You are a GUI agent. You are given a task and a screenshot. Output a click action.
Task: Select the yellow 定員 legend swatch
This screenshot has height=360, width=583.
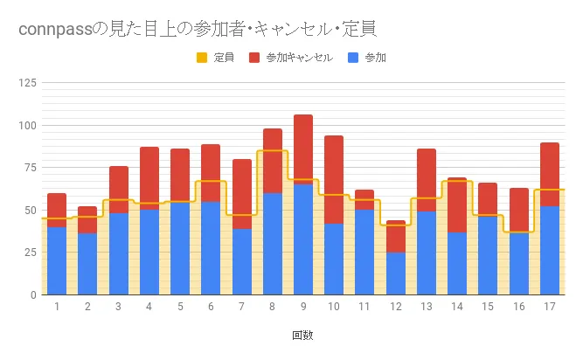[x=201, y=59]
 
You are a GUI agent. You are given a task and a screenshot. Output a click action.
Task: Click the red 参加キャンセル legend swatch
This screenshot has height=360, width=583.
[x=254, y=59]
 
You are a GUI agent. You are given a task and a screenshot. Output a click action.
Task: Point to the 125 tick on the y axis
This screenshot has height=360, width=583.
[x=27, y=83]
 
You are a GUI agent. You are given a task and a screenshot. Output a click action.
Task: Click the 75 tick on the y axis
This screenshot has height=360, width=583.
[x=30, y=168]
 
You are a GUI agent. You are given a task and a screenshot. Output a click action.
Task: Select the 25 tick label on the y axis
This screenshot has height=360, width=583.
[x=30, y=253]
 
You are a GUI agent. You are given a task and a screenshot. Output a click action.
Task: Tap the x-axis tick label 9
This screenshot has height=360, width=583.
[x=302, y=307]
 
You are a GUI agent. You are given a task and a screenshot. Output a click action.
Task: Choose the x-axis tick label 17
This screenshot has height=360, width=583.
[x=549, y=307]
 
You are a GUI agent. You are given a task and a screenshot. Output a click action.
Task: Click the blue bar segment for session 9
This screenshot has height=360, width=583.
[x=302, y=239]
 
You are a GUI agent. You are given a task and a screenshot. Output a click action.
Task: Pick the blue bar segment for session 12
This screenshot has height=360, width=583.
[x=395, y=273]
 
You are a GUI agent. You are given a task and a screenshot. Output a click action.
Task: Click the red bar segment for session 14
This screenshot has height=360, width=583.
[x=457, y=204]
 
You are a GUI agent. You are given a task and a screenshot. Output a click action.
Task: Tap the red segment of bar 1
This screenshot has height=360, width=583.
[x=57, y=210]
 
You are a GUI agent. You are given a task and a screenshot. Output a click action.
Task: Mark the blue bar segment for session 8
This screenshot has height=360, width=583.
[x=272, y=244]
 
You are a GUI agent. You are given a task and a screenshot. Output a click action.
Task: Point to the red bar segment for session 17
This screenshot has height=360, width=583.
[x=549, y=175]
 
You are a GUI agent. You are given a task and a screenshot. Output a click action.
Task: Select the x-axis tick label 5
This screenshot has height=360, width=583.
[x=180, y=307]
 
